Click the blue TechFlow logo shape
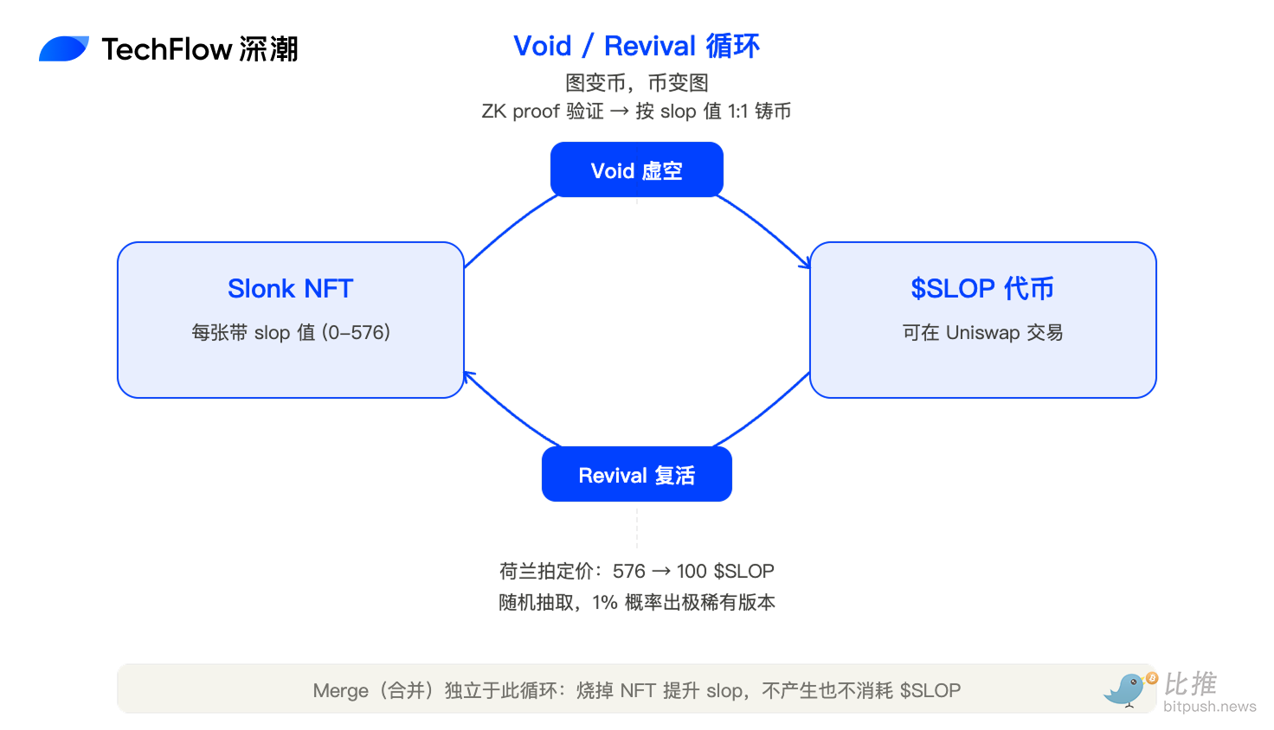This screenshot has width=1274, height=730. click(x=64, y=48)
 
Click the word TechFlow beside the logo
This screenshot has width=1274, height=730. click(x=167, y=49)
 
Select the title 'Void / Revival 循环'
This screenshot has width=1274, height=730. click(x=636, y=46)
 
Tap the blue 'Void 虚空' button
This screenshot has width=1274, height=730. click(x=636, y=170)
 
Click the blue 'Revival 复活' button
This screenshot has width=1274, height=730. click(x=636, y=474)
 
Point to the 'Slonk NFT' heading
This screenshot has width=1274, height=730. click(x=290, y=289)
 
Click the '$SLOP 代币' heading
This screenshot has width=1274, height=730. click(x=982, y=289)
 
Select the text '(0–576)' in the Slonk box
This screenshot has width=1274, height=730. click(x=356, y=333)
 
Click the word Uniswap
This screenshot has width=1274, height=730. click(x=982, y=333)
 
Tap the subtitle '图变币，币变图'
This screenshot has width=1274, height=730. click(x=636, y=83)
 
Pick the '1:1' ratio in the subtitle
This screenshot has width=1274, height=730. click(x=737, y=112)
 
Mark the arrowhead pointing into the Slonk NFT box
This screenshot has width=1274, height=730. click(x=469, y=376)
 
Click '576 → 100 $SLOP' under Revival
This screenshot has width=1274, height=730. click(x=692, y=571)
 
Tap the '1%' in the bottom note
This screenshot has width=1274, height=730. click(x=605, y=603)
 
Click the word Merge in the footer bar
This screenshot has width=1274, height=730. click(x=340, y=691)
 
